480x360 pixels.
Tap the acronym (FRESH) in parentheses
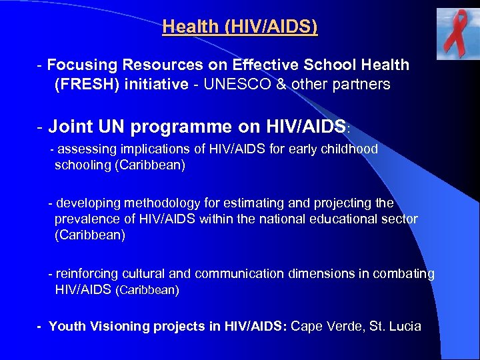[85, 85]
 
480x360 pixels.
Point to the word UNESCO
[233, 85]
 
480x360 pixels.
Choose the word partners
[361, 85]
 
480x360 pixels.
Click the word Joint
[70, 125]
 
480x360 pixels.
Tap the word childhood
[347, 149]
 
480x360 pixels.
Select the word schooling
[83, 165]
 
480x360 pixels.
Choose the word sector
[399, 219]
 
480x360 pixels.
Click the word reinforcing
[87, 273]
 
